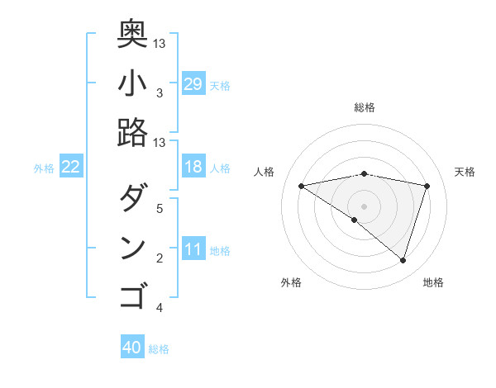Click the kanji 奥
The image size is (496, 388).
132,33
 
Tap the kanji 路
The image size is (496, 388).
132,132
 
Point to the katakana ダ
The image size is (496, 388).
132,198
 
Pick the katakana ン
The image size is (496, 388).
132,248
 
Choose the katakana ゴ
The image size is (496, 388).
132,296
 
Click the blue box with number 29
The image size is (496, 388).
193,83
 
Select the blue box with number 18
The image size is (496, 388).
193,167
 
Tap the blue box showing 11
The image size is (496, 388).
193,250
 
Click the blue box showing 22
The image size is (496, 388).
71,167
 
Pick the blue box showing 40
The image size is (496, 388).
132,348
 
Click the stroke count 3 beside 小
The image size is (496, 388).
159,93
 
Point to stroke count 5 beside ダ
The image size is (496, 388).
159,208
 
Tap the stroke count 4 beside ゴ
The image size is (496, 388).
159,308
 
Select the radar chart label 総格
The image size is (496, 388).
364,107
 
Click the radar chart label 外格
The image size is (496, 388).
291,282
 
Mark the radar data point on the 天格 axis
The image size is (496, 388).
427,186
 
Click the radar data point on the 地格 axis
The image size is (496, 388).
403,261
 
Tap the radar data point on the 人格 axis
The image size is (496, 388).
301,186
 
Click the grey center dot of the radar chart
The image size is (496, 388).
364,206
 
